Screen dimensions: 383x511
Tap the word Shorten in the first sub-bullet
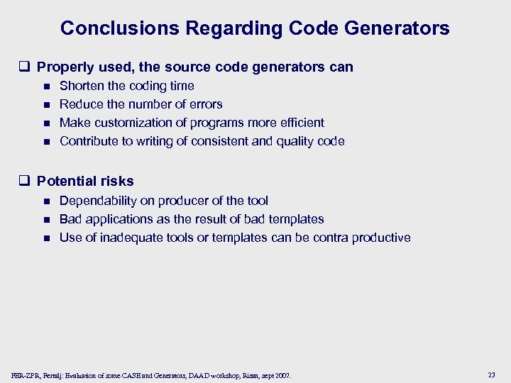[82, 86]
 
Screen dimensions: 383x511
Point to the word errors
[205, 104]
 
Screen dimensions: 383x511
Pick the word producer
[187, 201]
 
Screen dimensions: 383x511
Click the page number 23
[492, 374]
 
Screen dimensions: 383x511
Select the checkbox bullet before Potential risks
[28, 182]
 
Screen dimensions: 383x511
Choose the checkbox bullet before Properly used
[28, 68]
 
